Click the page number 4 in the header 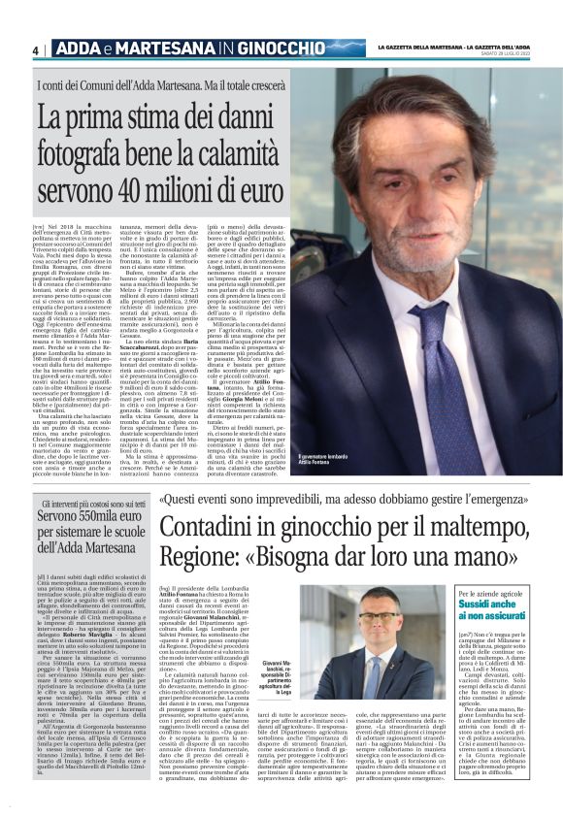coord(35,49)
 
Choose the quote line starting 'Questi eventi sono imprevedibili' coord(320,502)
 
